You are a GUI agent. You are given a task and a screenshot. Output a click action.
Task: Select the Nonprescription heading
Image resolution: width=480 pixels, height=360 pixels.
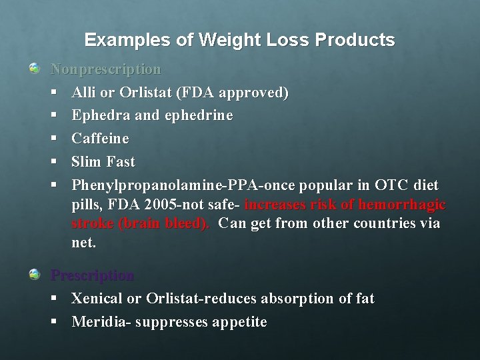(106, 69)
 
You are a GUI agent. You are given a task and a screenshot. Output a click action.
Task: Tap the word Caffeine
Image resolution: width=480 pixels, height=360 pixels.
(100, 139)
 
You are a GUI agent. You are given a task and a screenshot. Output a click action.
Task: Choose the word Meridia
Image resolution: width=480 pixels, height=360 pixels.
(100, 322)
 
